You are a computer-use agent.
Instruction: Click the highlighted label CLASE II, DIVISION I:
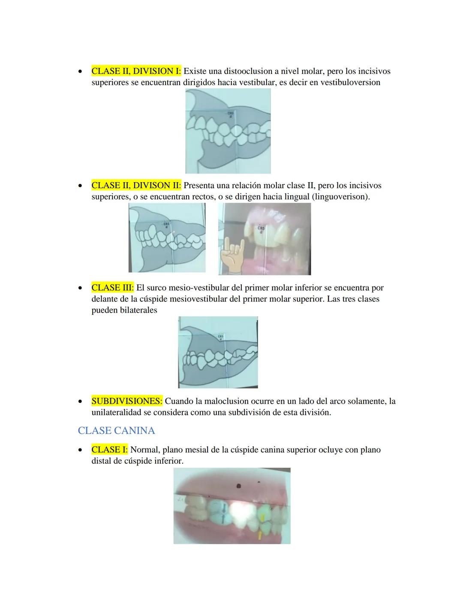point(136,71)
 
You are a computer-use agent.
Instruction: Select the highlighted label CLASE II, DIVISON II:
point(136,186)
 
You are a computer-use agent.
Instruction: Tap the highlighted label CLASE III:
point(112,288)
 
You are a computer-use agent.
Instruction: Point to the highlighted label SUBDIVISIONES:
point(127,401)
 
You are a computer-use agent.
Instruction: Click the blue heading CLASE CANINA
point(116,430)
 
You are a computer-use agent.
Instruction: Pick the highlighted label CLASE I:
point(109,450)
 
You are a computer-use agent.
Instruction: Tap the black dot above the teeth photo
point(239,486)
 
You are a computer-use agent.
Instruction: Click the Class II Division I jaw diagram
point(228,131)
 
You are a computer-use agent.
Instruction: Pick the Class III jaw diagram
point(218,352)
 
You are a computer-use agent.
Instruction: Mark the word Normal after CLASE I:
point(145,450)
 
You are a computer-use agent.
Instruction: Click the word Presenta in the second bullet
point(198,186)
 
